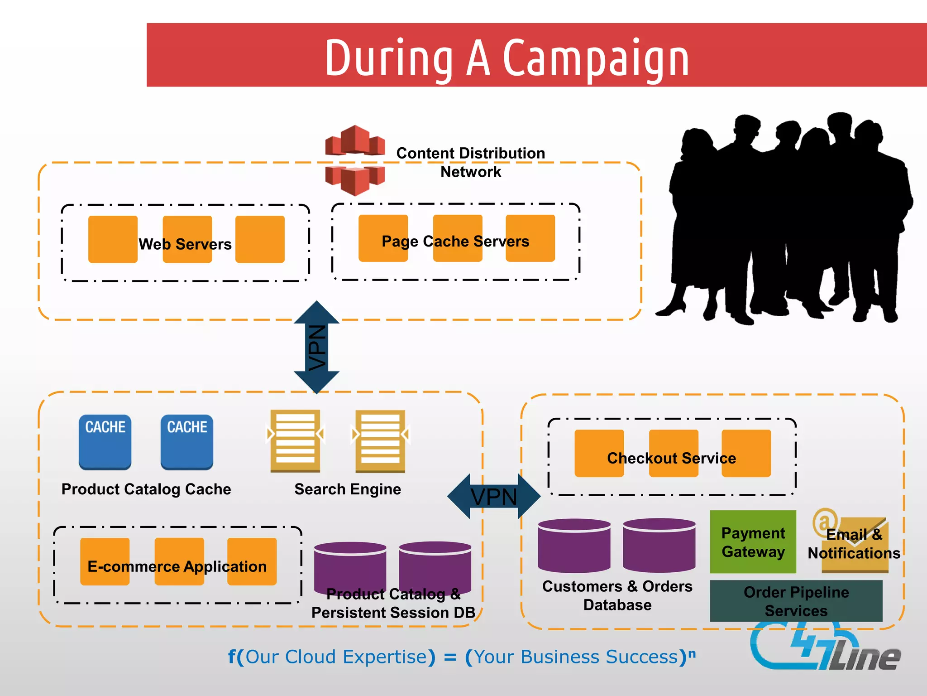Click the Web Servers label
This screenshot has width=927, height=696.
tap(185, 244)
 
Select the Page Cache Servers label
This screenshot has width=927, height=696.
tap(455, 241)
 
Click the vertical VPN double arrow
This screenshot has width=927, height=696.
tap(316, 347)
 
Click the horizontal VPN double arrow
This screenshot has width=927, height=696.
tap(493, 497)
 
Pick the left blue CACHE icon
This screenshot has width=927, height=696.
tap(105, 442)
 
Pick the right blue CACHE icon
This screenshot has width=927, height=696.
tap(186, 442)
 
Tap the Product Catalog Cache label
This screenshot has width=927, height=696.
tap(146, 489)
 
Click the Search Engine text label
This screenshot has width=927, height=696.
tap(347, 489)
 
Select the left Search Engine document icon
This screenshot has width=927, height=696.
tap(295, 440)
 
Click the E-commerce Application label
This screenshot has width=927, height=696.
tap(177, 566)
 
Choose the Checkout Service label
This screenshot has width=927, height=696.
tap(671, 458)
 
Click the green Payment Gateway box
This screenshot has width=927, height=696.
tap(753, 542)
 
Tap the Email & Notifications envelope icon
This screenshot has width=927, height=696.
tap(854, 544)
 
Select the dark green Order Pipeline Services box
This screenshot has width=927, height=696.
tap(796, 601)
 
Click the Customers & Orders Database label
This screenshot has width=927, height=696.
tap(617, 595)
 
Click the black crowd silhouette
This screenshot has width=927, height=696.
tap(788, 217)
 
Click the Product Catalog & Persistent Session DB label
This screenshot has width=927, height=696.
tap(393, 603)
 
